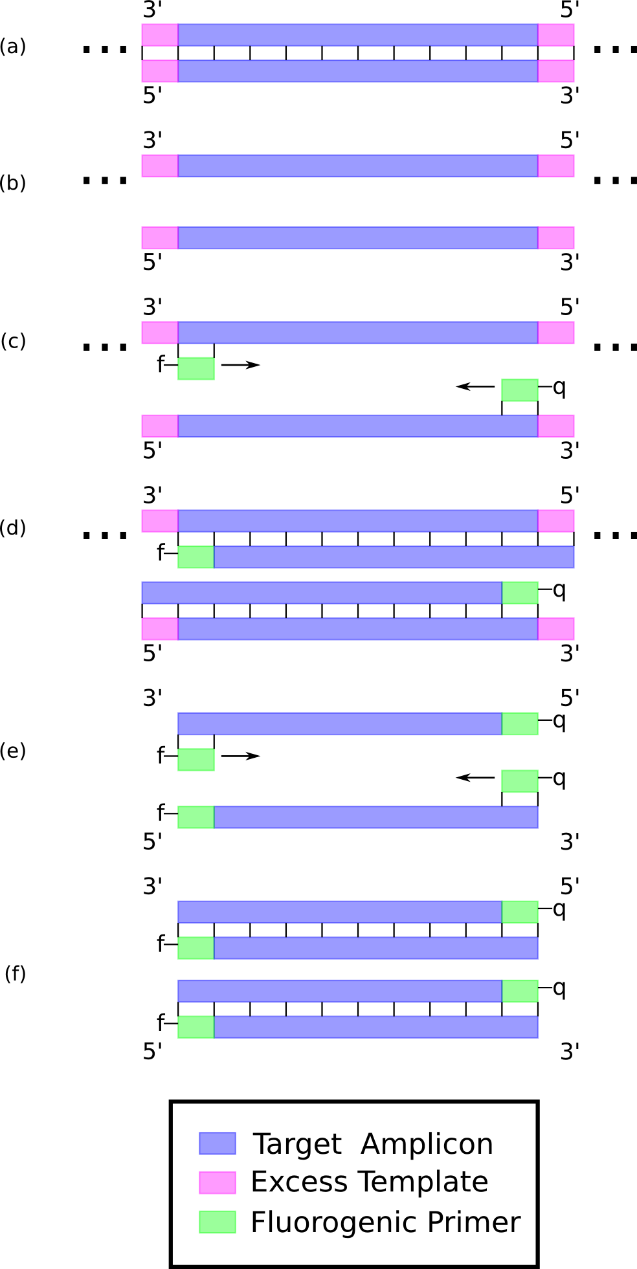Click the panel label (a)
[x=13, y=47]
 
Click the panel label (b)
[x=13, y=183]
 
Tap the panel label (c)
[x=13, y=340]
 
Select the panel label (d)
[x=13, y=528]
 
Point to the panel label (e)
[x=13, y=751]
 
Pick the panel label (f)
[x=15, y=973]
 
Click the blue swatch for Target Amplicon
[x=217, y=1143]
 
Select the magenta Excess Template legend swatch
[x=217, y=1182]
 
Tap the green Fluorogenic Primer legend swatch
[x=217, y=1222]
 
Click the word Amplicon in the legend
[x=427, y=1144]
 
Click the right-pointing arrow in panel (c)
[x=241, y=365]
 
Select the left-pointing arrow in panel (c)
[x=475, y=387]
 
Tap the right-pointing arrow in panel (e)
[x=241, y=756]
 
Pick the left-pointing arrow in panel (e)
[x=475, y=777]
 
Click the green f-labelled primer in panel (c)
[x=196, y=368]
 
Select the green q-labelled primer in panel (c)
[x=520, y=390]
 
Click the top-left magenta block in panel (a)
[x=160, y=35]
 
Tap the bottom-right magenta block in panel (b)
[x=556, y=237]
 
